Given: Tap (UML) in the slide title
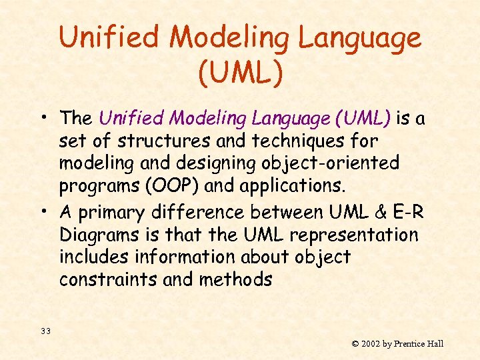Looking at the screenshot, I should tap(240, 71).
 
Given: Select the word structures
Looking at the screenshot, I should tap(155, 141).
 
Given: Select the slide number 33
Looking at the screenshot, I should tap(45, 331).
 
